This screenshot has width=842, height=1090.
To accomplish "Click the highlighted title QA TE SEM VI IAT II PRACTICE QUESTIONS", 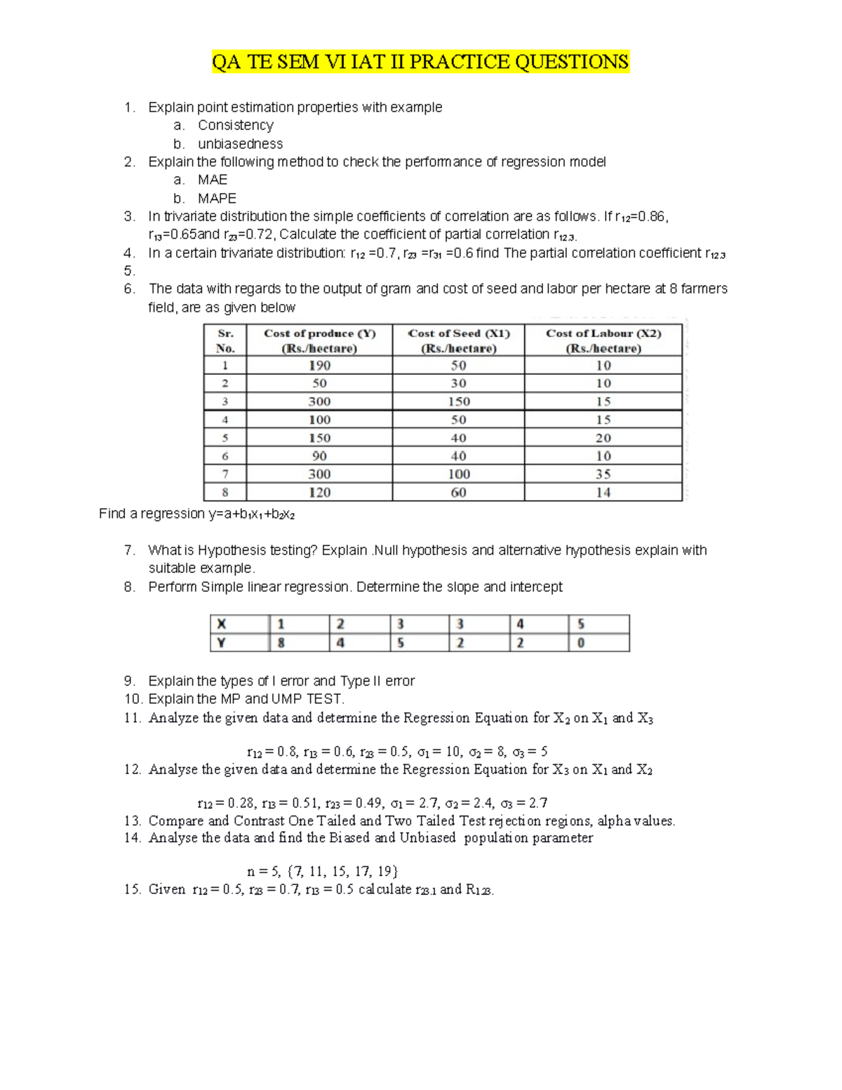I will point(420,62).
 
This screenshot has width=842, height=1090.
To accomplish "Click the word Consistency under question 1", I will point(235,126).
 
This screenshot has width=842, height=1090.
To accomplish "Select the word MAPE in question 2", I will point(217,199).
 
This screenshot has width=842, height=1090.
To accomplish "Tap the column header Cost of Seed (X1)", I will point(458,340).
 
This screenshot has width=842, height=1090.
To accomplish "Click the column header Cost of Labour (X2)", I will point(603,340).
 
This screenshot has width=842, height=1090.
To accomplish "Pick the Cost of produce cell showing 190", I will point(319,366).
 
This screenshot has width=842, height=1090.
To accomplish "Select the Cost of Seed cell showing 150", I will point(458,401).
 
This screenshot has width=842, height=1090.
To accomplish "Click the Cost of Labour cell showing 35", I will point(603,474).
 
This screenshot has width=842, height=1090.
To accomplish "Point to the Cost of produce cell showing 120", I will point(319,493).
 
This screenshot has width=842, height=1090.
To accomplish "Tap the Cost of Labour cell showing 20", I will point(603,438).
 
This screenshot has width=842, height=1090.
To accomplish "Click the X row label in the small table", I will point(222,624).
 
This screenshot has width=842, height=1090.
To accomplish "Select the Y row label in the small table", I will point(222,643).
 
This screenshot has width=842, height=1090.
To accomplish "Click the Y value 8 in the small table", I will point(281,643).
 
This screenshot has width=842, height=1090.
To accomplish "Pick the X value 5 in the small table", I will point(581,624).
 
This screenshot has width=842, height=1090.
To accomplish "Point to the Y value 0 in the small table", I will point(581,643).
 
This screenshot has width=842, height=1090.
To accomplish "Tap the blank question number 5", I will point(129,271).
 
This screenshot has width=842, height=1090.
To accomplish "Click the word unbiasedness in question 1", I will point(240,144).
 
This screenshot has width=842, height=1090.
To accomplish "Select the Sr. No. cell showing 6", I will point(225,456).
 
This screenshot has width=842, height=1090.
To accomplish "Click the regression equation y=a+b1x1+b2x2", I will point(251,514).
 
